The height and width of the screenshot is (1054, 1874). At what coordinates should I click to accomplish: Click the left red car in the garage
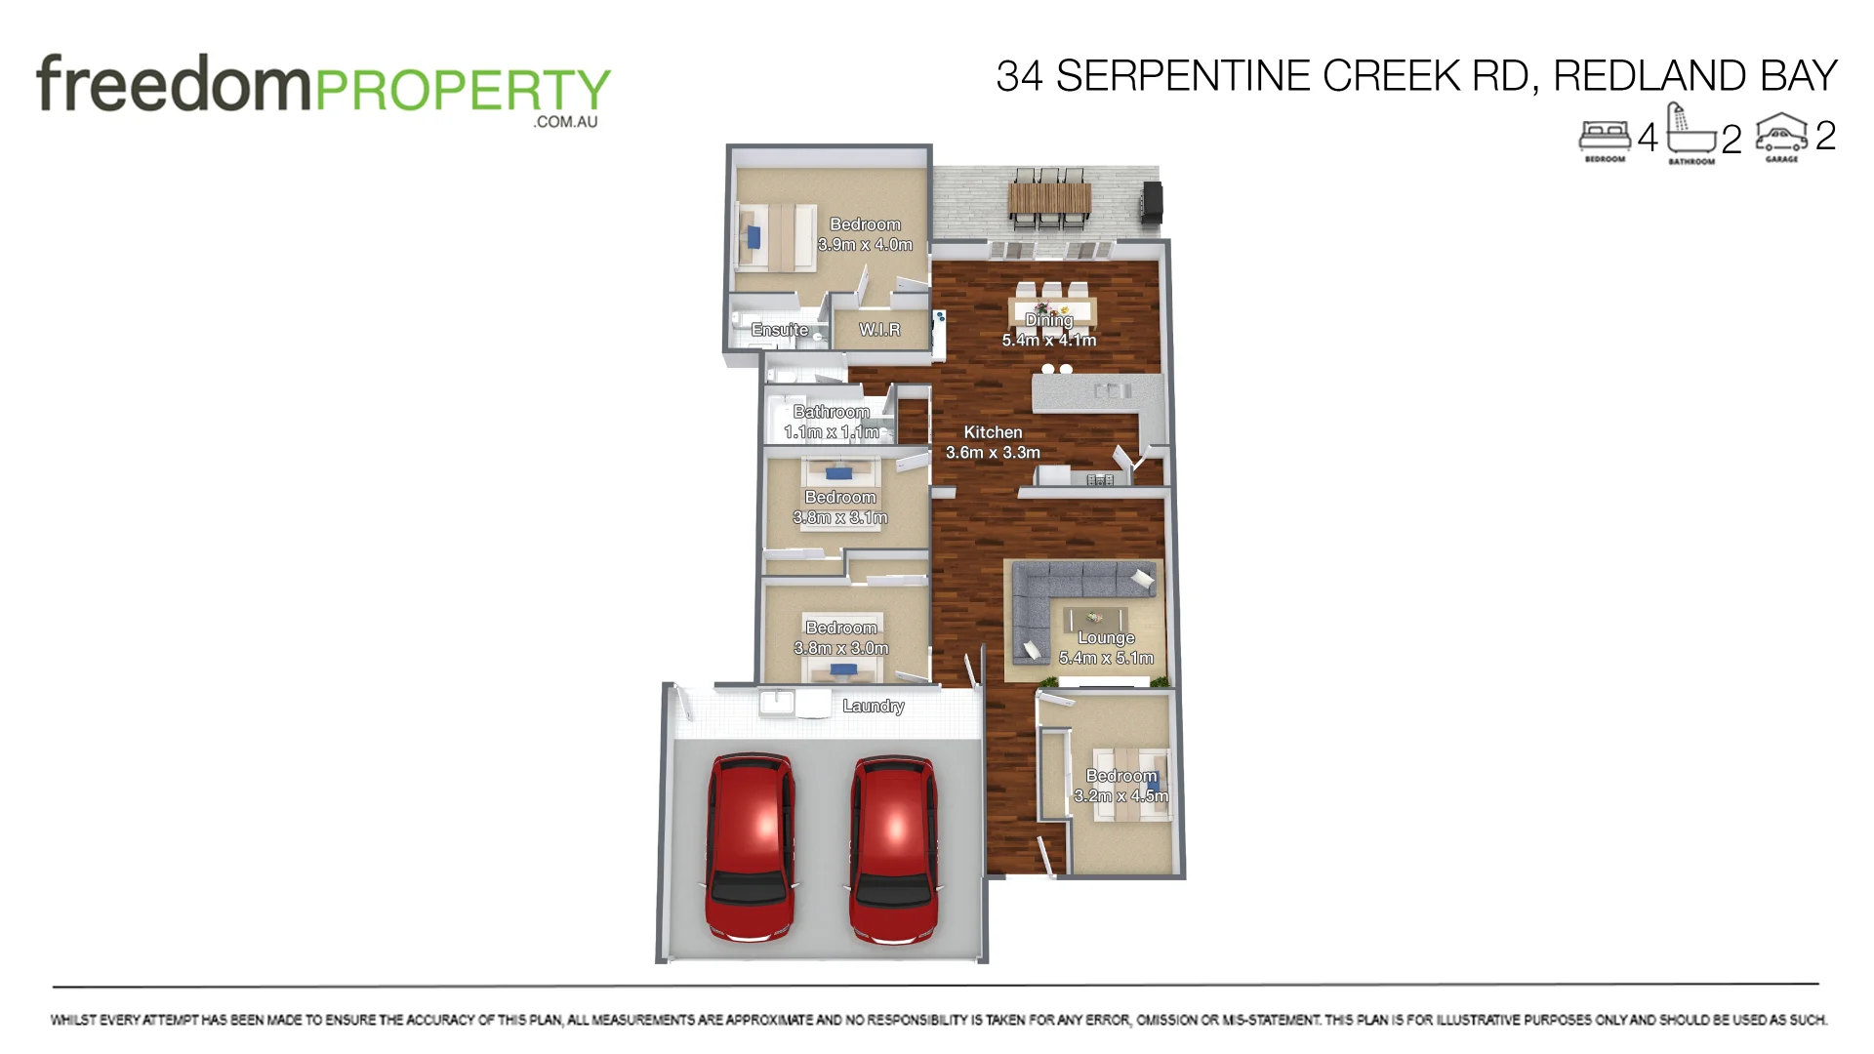pyautogui.click(x=750, y=847)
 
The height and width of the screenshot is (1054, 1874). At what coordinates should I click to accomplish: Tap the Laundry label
pyautogui.click(x=873, y=706)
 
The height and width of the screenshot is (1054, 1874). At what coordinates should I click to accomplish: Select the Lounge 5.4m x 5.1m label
pyautogui.click(x=1106, y=648)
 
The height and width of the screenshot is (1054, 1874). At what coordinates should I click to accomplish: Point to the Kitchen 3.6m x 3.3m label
pyautogui.click(x=993, y=442)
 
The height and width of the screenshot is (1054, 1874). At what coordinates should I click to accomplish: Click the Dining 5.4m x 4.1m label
pyautogui.click(x=1049, y=330)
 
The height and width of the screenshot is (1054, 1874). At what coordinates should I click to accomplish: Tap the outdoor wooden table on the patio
pyautogui.click(x=1049, y=199)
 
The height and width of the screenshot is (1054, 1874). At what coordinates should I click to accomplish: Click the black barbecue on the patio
pyautogui.click(x=1153, y=201)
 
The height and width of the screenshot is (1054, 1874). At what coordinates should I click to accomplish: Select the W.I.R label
pyautogui.click(x=879, y=330)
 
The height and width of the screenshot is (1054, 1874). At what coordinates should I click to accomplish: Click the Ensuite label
pyautogui.click(x=779, y=330)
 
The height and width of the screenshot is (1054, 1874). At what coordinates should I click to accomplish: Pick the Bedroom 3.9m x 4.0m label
pyautogui.click(x=865, y=234)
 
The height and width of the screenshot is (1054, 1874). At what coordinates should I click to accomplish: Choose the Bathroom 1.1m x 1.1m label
pyautogui.click(x=831, y=422)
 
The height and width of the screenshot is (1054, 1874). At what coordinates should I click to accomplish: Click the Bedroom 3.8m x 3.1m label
pyautogui.click(x=840, y=507)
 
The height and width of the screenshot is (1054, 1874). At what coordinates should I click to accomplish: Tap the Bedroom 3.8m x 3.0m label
pyautogui.click(x=841, y=638)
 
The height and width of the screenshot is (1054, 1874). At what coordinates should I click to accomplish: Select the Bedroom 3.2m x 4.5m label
pyautogui.click(x=1120, y=786)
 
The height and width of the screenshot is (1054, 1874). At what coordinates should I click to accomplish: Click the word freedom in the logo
pyautogui.click(x=173, y=85)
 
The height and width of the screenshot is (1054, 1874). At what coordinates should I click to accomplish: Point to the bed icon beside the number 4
pyautogui.click(x=1605, y=136)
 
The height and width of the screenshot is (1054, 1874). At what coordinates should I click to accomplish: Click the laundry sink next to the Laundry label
pyautogui.click(x=778, y=703)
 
